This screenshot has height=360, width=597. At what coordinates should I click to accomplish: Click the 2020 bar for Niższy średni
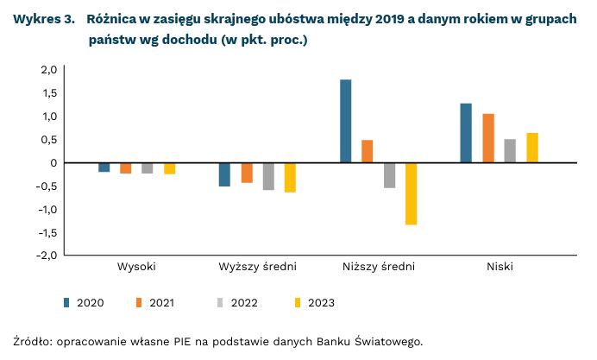click(x=345, y=121)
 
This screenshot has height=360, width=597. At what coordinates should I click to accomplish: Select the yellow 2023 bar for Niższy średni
click(x=411, y=193)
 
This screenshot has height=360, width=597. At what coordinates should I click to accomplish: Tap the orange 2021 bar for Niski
click(x=488, y=138)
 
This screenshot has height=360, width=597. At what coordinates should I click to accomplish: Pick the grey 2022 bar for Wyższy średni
click(x=268, y=176)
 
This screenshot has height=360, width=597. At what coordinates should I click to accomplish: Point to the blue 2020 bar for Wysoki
click(x=104, y=167)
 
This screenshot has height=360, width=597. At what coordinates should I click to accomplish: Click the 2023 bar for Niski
click(x=532, y=148)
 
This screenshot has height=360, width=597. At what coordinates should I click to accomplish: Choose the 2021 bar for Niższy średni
click(x=368, y=151)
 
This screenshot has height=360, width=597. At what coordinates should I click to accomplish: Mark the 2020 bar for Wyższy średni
click(x=224, y=174)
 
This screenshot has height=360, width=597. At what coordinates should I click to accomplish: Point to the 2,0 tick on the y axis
click(x=48, y=69)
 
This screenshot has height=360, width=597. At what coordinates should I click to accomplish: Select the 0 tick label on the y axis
click(x=53, y=162)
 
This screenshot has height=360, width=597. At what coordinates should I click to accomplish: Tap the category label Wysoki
click(x=136, y=266)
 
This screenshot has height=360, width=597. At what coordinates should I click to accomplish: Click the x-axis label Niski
click(x=500, y=266)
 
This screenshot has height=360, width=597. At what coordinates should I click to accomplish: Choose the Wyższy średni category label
click(x=257, y=266)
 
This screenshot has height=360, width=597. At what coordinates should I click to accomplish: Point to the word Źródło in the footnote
click(x=33, y=340)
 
